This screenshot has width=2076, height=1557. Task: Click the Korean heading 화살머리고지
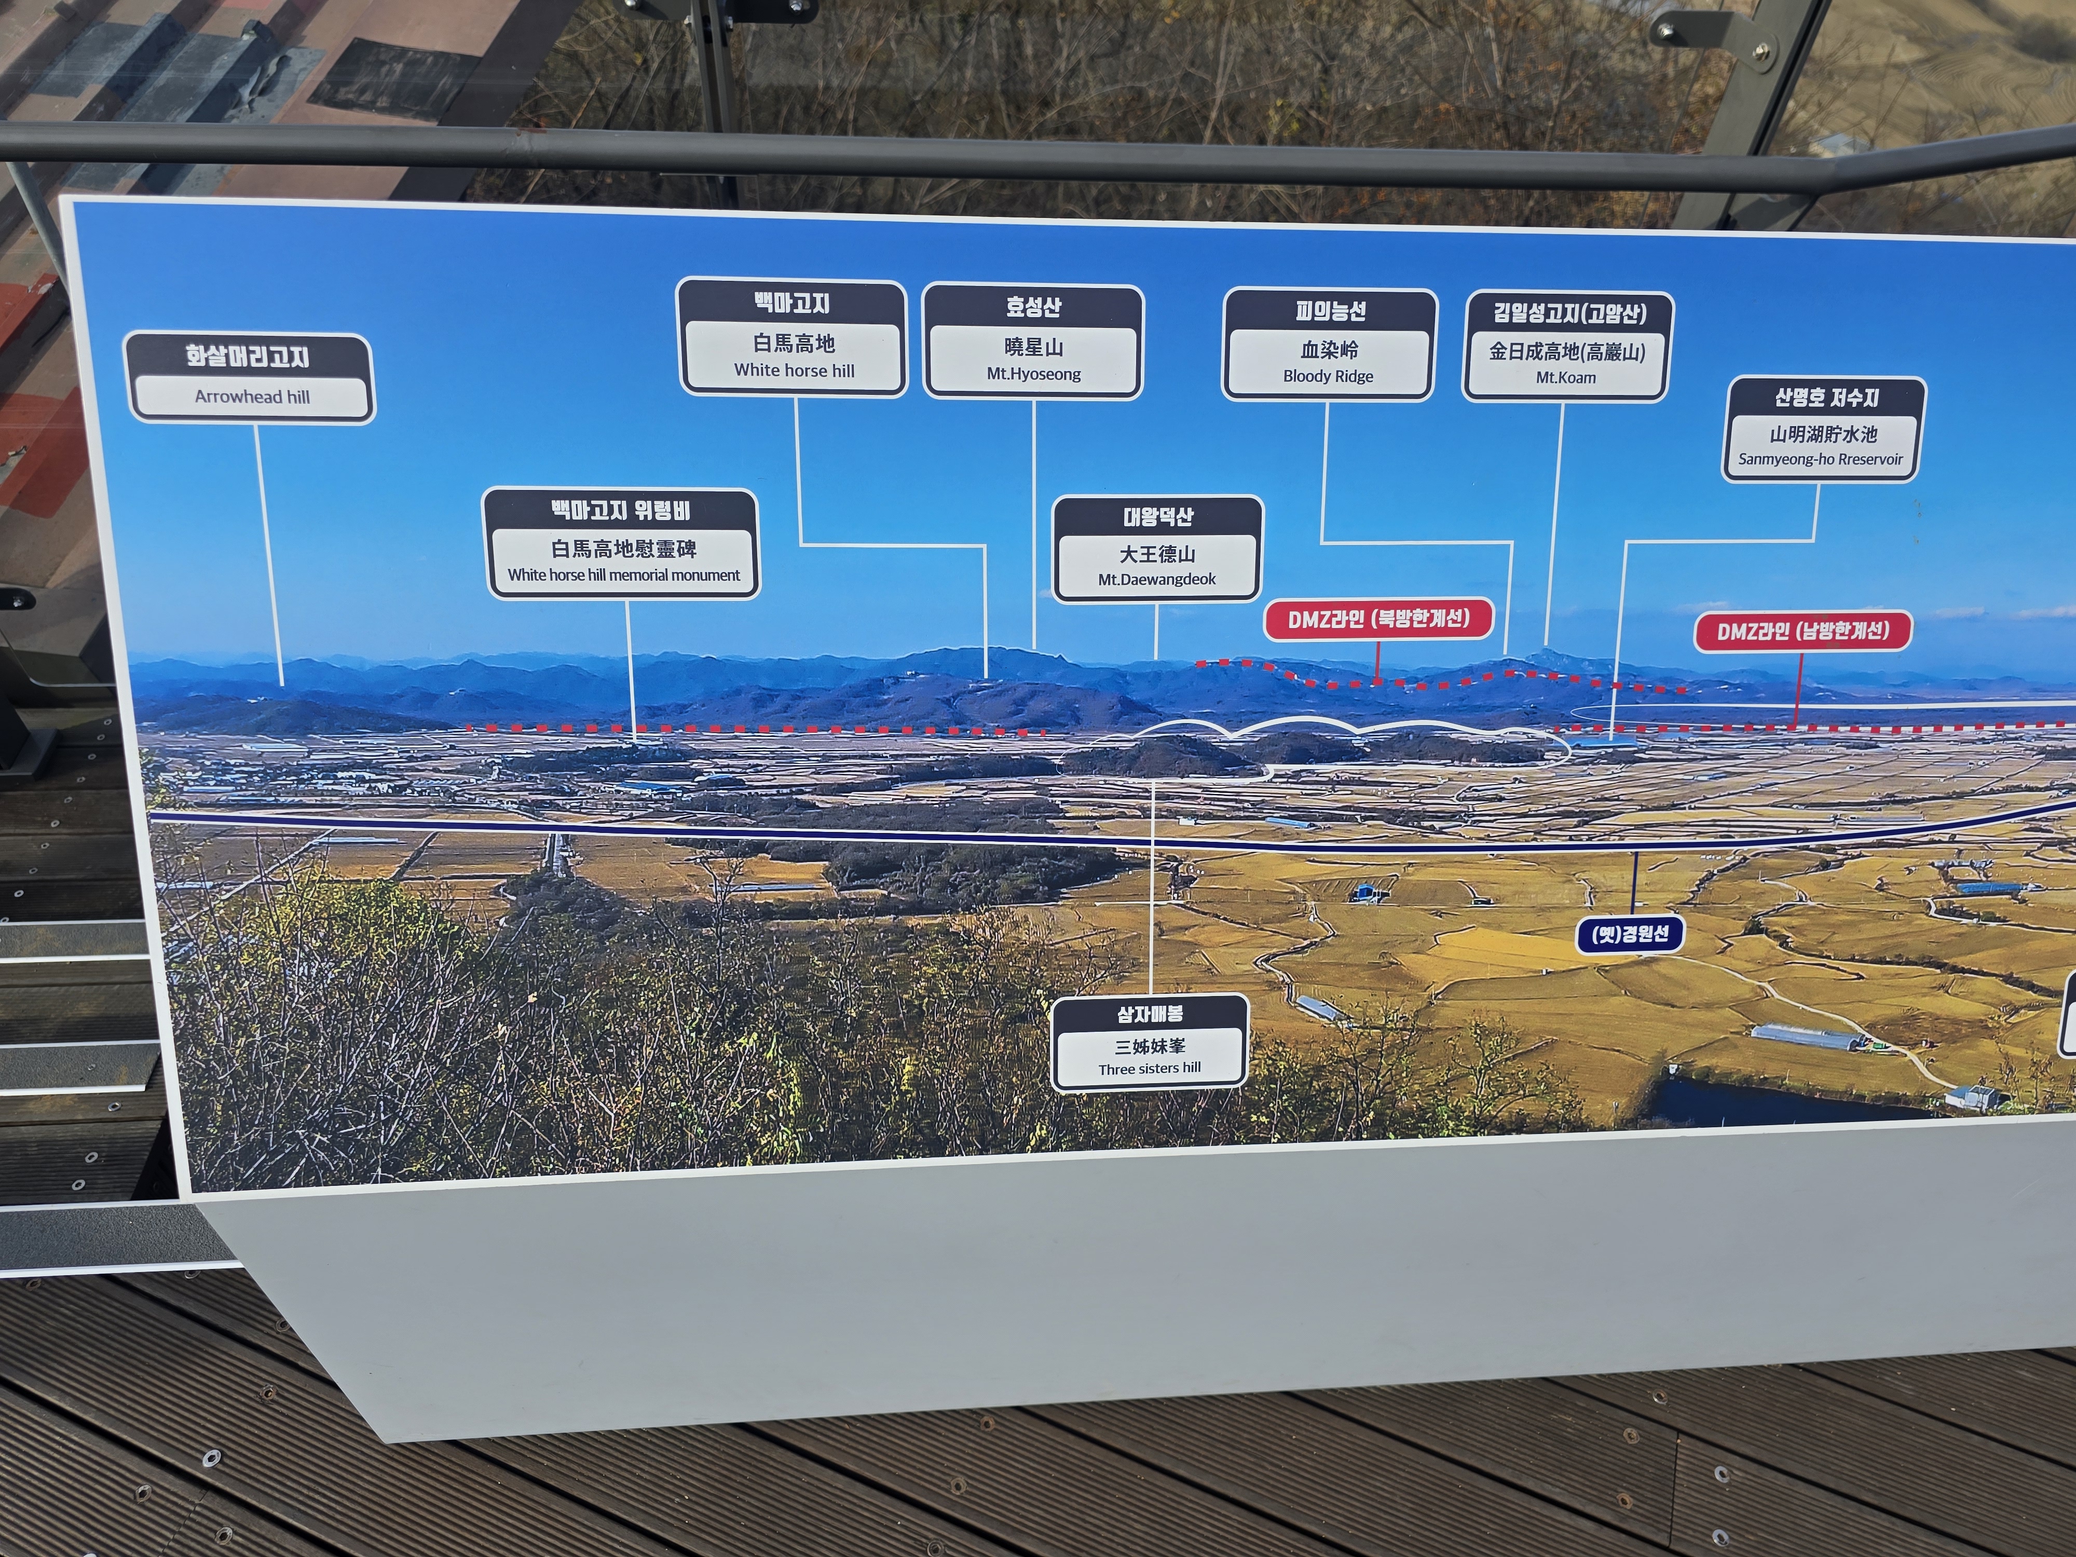click(248, 356)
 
